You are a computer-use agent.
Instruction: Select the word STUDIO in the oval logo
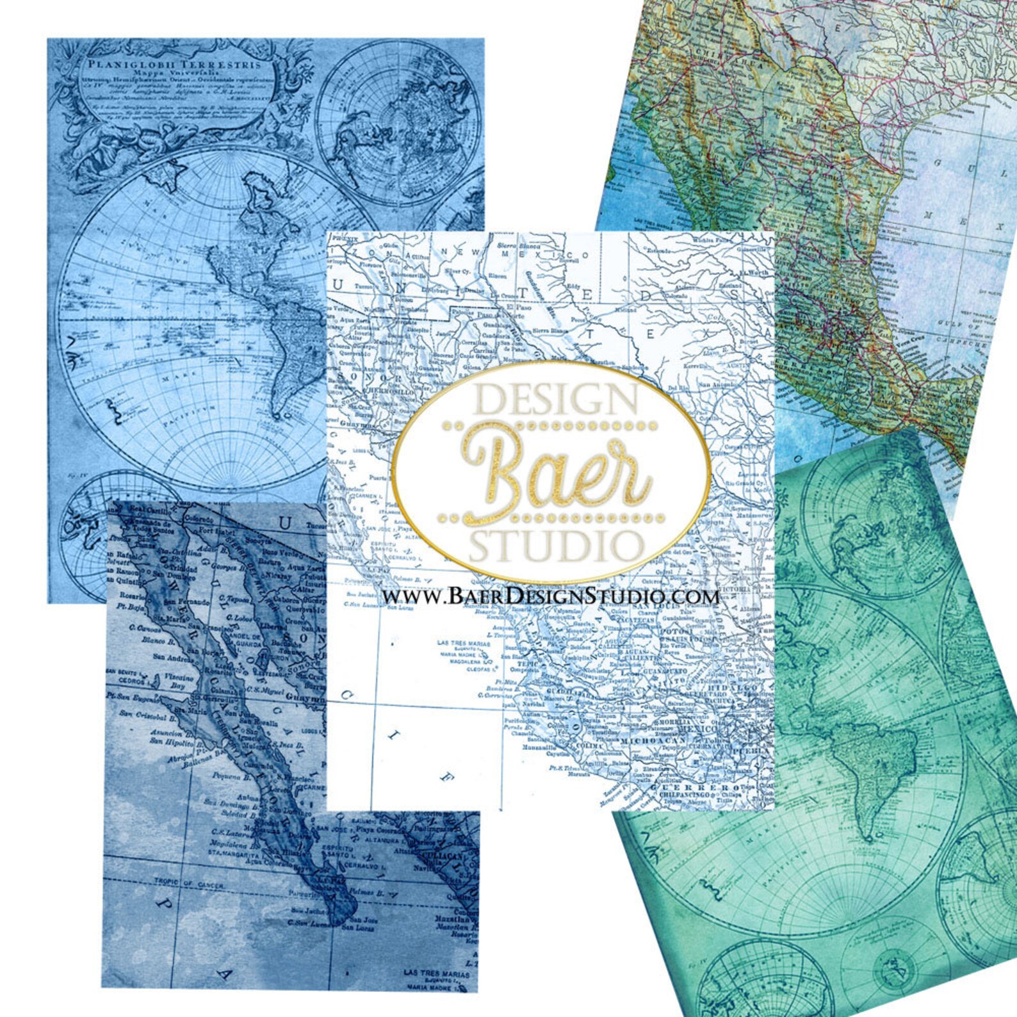coord(555,546)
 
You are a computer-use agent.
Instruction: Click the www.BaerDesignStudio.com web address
coord(551,596)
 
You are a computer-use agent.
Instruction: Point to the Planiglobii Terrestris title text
coord(174,65)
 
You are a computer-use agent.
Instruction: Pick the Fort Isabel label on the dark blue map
coord(213,531)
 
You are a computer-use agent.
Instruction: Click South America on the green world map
coord(878,775)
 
